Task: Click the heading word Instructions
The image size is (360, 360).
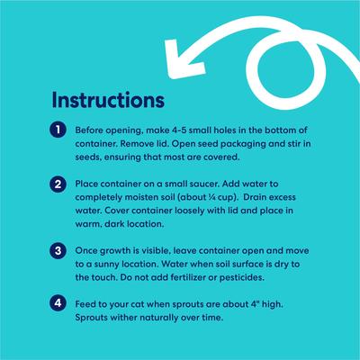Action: point(108,100)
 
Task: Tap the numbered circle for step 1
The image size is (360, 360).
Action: point(58,130)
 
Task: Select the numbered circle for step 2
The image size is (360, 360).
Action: point(58,184)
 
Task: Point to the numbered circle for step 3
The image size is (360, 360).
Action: point(58,250)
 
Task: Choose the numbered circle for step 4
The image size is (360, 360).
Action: point(58,303)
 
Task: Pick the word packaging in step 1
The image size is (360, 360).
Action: point(243,144)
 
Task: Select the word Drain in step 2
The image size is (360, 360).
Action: point(255,197)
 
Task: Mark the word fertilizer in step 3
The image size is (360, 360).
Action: point(188,277)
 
